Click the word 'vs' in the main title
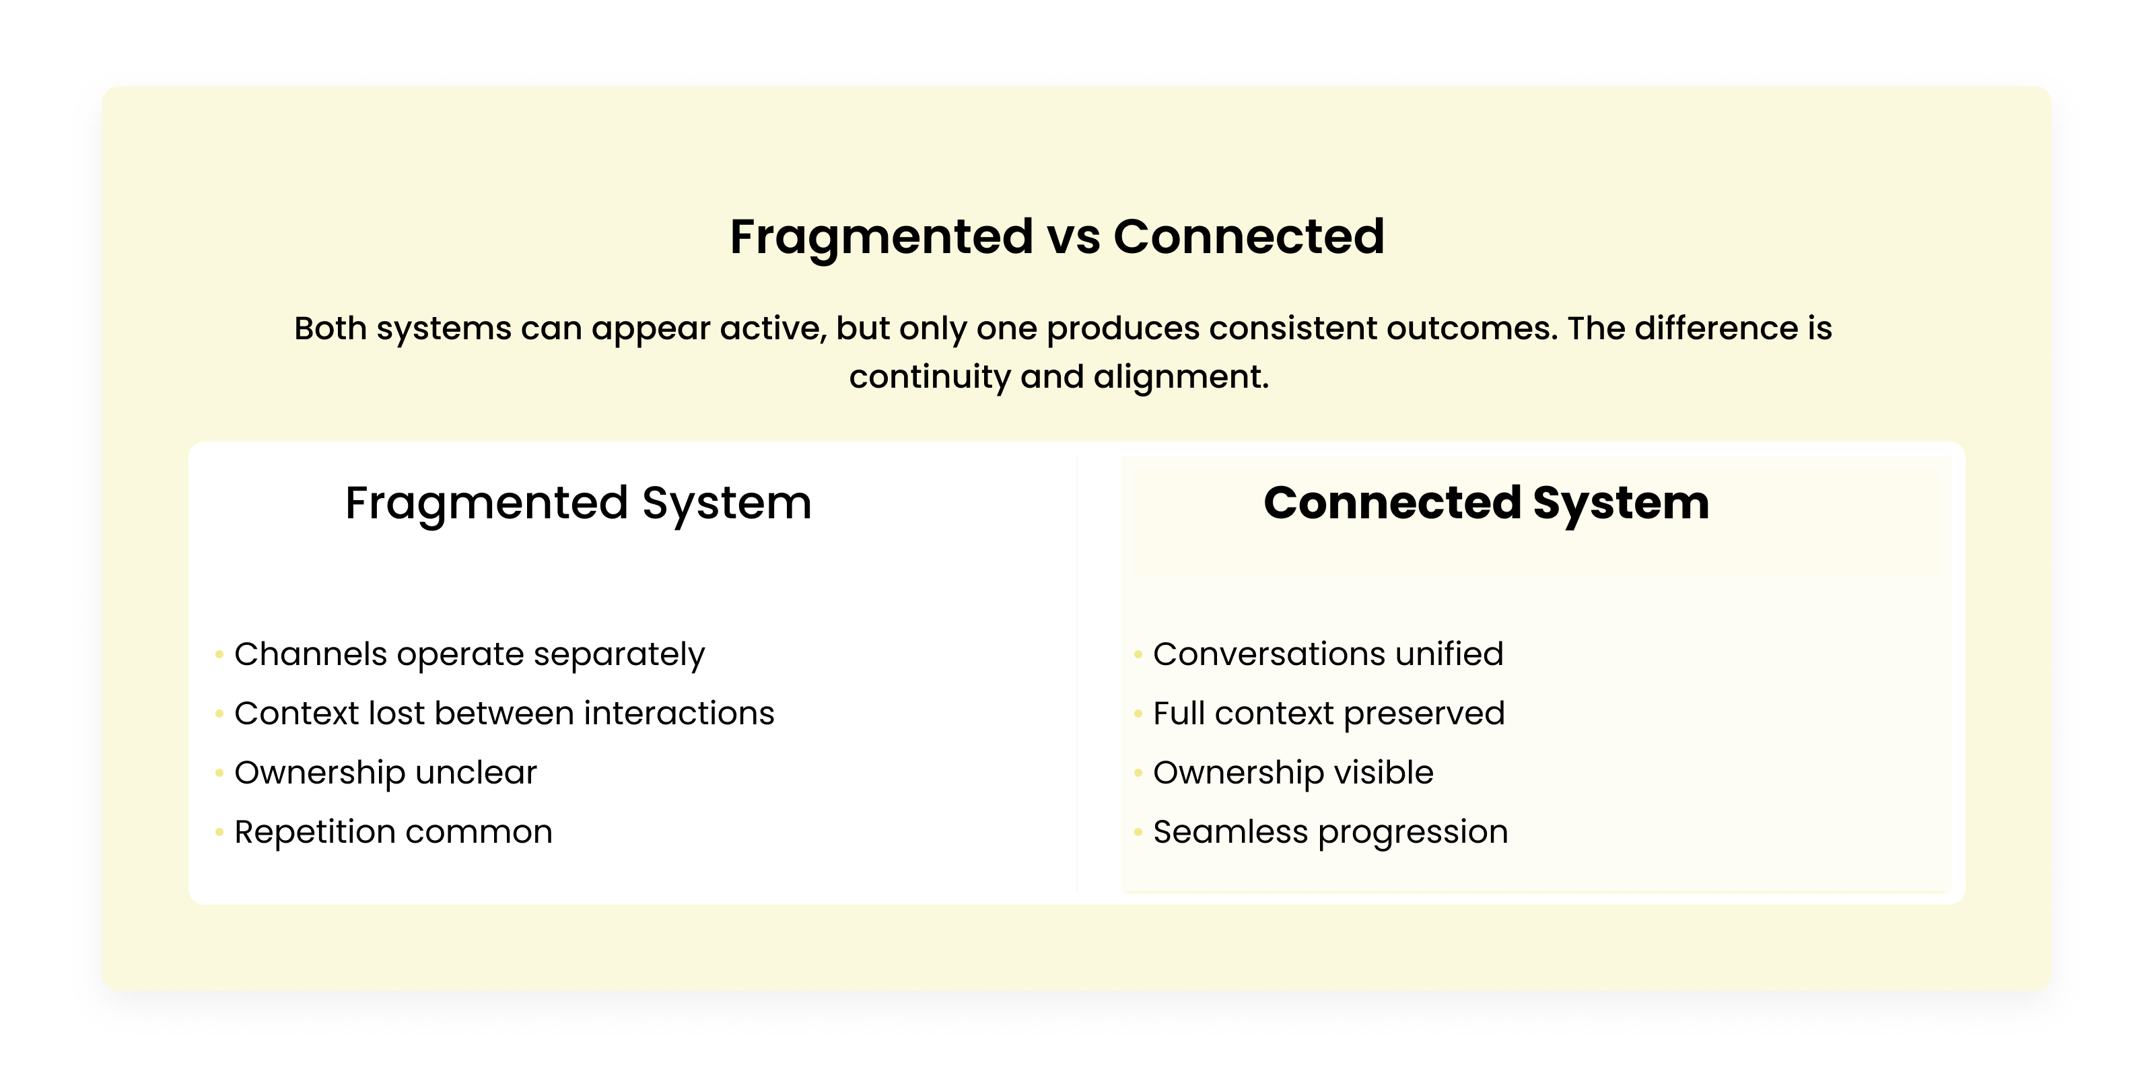point(1073,237)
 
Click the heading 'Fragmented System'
point(578,503)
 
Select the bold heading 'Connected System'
point(1486,503)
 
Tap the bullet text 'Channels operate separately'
point(469,654)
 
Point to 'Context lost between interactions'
point(504,714)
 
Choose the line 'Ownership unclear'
point(386,773)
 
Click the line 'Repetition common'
point(393,832)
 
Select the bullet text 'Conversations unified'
point(1328,654)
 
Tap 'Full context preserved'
point(1329,714)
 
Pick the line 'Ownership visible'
point(1292,773)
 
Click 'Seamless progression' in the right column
point(1330,832)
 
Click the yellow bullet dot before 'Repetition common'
point(219,832)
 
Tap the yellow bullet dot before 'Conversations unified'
point(1138,654)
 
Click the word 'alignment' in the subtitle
point(1180,377)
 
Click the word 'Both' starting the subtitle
point(331,328)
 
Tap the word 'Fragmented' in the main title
point(880,237)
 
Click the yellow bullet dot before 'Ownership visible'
point(1138,773)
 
